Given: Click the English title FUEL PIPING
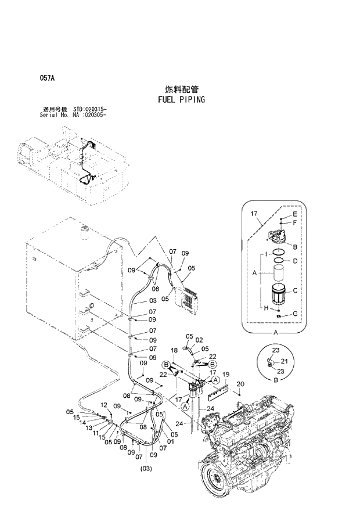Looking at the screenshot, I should click(x=181, y=99).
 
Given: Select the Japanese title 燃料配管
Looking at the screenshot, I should click(x=181, y=89).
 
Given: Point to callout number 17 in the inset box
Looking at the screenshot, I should click(x=254, y=215).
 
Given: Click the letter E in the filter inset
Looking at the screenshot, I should click(x=294, y=214).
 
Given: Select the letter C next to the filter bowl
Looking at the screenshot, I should click(x=294, y=291).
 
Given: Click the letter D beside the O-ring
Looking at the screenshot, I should click(x=294, y=261).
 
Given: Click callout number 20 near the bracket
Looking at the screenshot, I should click(x=240, y=383).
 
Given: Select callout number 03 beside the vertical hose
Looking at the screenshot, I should click(x=152, y=301).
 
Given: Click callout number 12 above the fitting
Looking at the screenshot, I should click(x=104, y=405).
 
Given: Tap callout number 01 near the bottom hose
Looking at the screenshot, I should click(x=170, y=441).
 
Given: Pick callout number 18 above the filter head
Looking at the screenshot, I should click(x=174, y=350).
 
